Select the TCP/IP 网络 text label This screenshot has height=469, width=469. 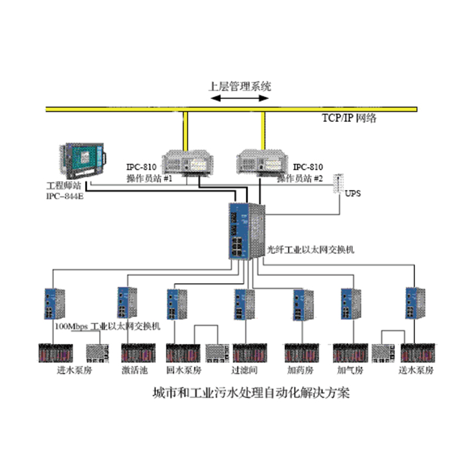[349, 118]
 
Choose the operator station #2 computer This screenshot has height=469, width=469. [261, 161]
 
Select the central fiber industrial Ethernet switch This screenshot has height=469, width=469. [246, 230]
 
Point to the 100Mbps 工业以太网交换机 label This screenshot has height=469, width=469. [107, 325]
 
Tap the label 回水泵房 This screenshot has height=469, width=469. [183, 371]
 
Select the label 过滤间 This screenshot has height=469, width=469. [245, 371]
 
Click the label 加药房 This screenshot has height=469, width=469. [301, 371]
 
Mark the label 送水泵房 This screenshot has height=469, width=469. [416, 371]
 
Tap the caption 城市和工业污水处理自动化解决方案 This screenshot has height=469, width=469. [250, 392]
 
